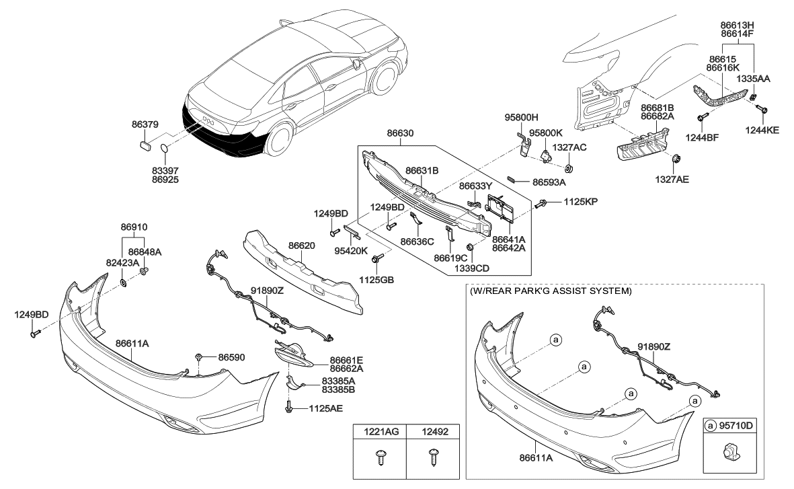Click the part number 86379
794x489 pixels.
145,124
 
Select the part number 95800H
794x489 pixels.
522,116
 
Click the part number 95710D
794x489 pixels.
738,426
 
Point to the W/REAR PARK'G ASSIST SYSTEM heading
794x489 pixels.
549,291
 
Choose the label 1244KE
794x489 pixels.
764,130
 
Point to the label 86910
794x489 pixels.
134,228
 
